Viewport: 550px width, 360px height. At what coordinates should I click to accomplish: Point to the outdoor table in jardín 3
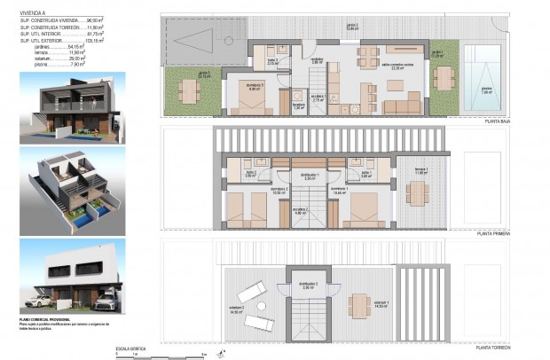[x=188, y=90]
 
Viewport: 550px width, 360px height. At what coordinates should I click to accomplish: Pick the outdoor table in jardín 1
[x=441, y=78]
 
